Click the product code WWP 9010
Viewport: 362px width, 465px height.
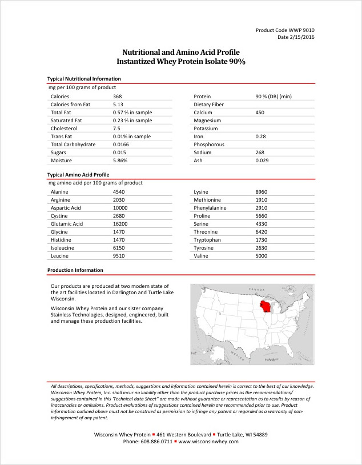point(285,30)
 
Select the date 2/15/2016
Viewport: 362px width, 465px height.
point(296,37)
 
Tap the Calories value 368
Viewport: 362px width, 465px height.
point(118,97)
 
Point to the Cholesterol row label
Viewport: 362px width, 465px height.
point(65,129)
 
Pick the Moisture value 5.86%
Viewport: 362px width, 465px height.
point(122,161)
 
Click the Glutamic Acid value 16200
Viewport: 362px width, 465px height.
point(122,224)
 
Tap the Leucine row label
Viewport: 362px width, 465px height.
point(60,256)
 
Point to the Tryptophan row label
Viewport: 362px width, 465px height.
point(208,240)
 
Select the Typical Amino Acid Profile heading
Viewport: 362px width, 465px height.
point(78,174)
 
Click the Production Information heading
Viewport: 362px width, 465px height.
point(75,270)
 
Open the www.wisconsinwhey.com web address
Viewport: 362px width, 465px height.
point(208,442)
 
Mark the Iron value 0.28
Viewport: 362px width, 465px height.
point(262,137)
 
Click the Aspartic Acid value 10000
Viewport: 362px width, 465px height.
point(122,208)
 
